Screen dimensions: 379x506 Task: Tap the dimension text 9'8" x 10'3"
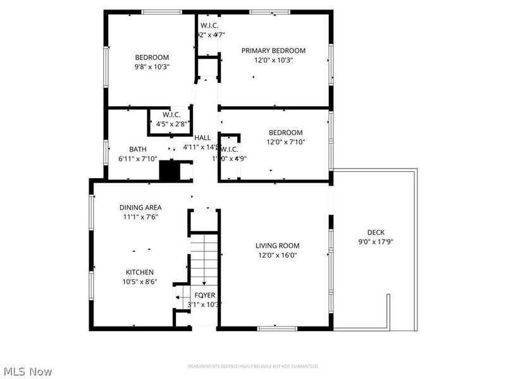click(x=151, y=66)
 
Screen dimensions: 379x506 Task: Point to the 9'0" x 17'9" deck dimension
click(x=376, y=241)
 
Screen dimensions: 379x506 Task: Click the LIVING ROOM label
click(x=277, y=246)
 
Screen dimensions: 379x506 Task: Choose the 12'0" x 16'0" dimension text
click(x=276, y=255)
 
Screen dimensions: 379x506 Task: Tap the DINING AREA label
click(x=140, y=207)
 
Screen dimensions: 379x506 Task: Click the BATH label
click(x=138, y=150)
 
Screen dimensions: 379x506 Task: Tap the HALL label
click(x=202, y=138)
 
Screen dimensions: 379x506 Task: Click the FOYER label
click(x=204, y=295)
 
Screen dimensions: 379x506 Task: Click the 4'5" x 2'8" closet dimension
click(x=171, y=124)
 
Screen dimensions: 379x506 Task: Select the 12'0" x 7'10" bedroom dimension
click(x=286, y=141)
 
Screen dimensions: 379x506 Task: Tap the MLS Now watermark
click(x=28, y=372)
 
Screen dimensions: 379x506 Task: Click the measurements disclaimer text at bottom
click(x=252, y=366)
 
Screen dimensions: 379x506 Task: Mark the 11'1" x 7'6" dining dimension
click(x=140, y=217)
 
